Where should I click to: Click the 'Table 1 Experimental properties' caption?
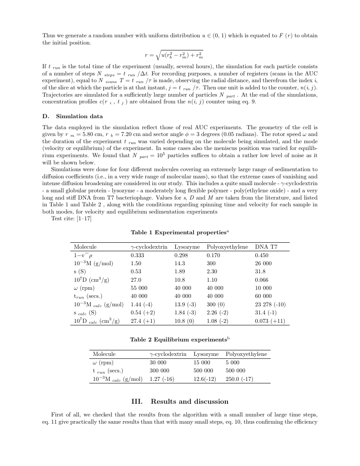(180, 232)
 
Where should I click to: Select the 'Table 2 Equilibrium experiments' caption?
(180, 340)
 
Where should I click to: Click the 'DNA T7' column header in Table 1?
(266, 247)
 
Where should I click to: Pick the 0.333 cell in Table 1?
(137, 255)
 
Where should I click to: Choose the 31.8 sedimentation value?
(260, 272)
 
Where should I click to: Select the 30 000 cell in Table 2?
(158, 363)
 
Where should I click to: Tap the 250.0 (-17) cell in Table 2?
(239, 379)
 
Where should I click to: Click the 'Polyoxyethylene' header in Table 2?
(246, 354)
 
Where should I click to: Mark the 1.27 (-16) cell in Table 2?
(162, 379)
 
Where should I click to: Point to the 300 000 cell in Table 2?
(159, 371)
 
